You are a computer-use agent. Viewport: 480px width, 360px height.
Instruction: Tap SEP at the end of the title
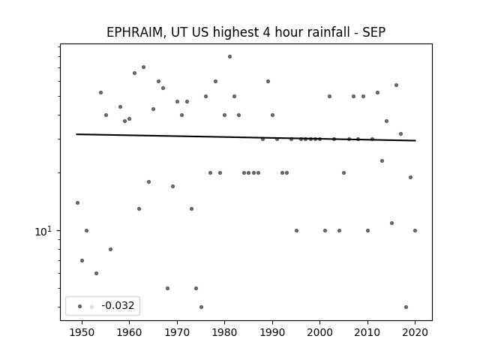[x=373, y=32]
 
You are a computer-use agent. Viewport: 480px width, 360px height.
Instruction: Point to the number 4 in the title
[x=266, y=32]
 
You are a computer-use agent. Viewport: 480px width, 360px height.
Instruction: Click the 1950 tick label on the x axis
[x=82, y=332]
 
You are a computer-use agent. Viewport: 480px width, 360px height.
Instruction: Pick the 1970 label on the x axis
[x=177, y=332]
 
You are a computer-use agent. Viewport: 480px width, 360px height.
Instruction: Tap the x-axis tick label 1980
[x=224, y=332]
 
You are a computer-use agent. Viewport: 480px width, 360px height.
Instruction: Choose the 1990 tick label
[x=272, y=332]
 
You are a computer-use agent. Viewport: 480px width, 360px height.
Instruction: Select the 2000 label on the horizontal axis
[x=319, y=332]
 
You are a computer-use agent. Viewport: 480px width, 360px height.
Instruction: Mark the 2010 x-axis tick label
[x=367, y=332]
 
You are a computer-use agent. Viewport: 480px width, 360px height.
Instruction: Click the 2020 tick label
[x=415, y=332]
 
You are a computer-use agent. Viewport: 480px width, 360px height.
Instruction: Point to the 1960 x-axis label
[x=129, y=332]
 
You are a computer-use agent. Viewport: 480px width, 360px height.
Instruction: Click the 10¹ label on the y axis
[x=43, y=232]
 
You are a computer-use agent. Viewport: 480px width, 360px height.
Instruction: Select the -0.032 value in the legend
[x=118, y=305]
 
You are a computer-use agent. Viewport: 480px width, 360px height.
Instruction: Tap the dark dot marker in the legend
[x=80, y=306]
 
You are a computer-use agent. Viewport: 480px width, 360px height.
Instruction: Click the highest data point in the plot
[x=229, y=57]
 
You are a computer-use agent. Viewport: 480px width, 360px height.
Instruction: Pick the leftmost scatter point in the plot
[x=77, y=202]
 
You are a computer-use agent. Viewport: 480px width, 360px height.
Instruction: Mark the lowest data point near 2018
[x=406, y=307]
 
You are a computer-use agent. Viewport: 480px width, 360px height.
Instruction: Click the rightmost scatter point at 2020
[x=415, y=230]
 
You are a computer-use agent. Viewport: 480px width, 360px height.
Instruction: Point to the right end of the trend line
[x=415, y=140]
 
